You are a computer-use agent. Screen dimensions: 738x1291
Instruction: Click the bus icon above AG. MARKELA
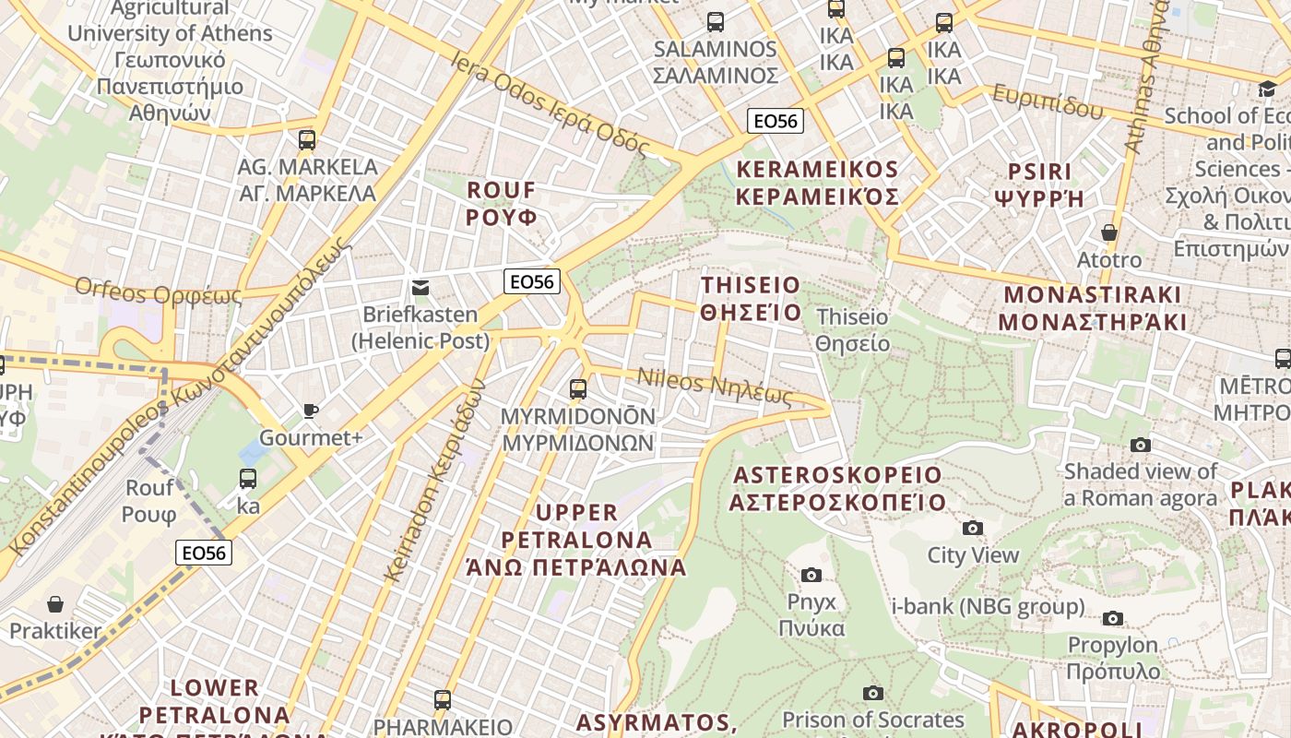[307, 140]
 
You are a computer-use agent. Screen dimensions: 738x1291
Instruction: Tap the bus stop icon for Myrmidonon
[578, 389]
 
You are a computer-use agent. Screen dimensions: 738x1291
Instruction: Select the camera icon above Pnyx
[811, 575]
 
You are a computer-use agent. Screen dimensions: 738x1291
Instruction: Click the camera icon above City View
[972, 529]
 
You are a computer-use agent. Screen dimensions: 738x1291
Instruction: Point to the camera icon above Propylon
[1113, 618]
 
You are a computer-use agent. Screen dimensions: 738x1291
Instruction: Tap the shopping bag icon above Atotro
[1109, 232]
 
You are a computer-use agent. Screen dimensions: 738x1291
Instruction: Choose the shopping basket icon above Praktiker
[55, 604]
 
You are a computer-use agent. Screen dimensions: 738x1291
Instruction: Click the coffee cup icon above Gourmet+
[311, 411]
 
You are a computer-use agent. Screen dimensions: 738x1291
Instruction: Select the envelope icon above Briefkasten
[420, 287]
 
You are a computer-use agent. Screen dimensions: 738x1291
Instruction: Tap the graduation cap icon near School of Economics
[1267, 89]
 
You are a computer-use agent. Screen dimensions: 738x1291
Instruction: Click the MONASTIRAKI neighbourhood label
[1092, 308]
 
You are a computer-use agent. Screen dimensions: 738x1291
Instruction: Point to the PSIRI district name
[1040, 184]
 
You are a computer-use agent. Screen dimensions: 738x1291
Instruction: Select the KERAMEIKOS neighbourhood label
[817, 183]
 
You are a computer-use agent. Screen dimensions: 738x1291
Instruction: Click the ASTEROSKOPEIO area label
[837, 489]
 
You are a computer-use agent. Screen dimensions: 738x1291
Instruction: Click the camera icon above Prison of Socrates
[872, 693]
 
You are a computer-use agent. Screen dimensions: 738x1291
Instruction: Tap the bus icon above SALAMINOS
[716, 22]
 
